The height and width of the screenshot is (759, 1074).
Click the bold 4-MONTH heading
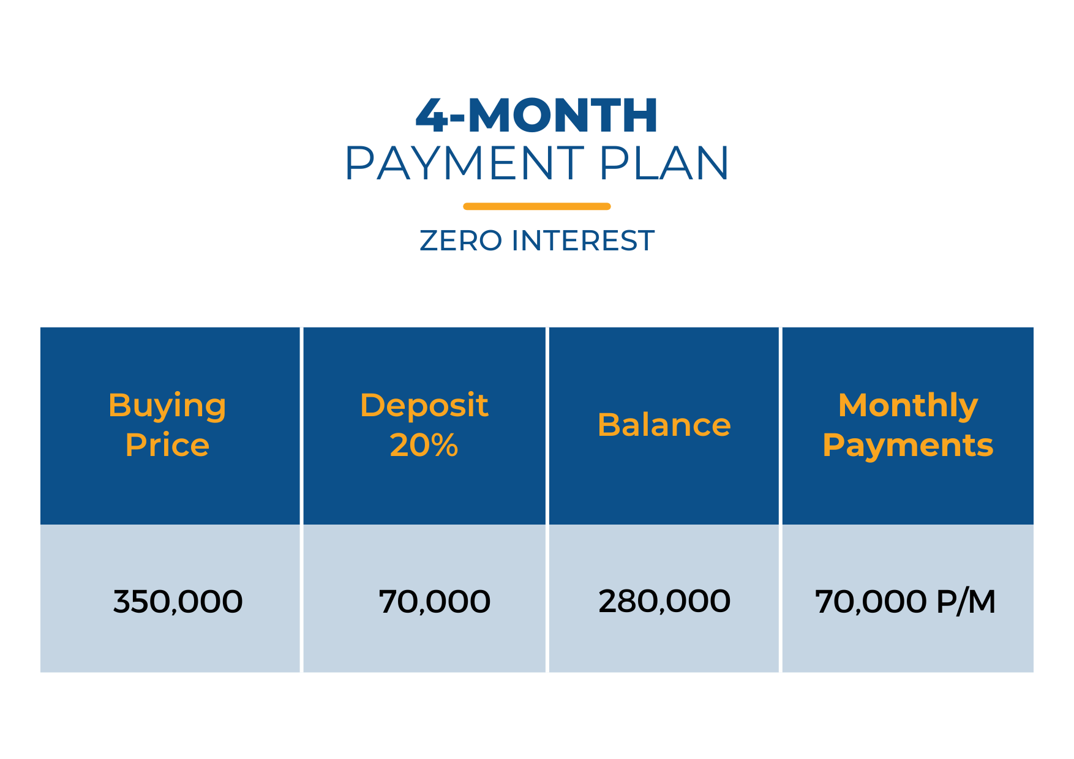(536, 115)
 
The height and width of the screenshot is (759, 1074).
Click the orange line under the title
(537, 206)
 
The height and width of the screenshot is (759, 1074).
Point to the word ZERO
(461, 241)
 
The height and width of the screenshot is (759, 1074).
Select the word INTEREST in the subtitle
(583, 241)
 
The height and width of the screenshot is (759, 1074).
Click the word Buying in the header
(167, 406)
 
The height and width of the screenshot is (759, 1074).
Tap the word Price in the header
(167, 444)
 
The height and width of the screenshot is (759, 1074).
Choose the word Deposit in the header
(424, 406)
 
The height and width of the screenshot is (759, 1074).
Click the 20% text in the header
(424, 444)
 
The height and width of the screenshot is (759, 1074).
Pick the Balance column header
(664, 425)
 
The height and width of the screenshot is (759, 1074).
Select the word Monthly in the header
(908, 406)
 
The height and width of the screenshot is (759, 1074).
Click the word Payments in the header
(908, 446)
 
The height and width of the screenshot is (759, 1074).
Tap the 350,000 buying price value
(178, 602)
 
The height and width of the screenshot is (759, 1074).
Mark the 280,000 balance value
(664, 601)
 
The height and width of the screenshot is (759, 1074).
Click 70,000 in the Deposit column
(435, 602)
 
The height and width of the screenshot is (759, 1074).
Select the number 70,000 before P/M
(871, 602)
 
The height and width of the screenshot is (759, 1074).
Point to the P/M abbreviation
(966, 601)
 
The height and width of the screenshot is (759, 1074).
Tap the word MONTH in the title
(563, 115)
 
